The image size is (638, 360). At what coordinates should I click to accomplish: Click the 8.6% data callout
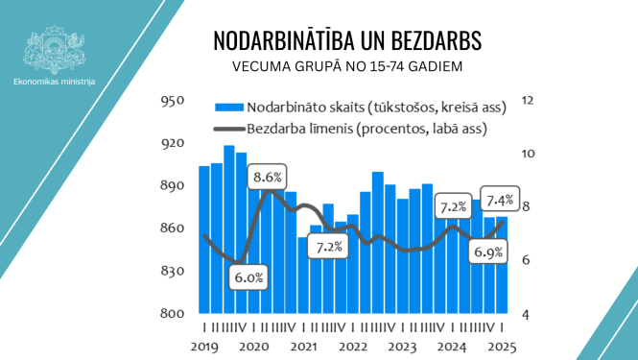point(268,178)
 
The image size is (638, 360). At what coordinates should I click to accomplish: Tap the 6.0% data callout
point(249,277)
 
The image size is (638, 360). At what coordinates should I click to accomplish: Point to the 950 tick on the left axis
point(173,101)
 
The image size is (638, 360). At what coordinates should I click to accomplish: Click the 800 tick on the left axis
point(173,314)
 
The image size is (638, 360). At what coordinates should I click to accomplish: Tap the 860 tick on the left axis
point(173,228)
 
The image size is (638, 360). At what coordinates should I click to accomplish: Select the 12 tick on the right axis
point(526,101)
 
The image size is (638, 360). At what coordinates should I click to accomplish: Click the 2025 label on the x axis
point(503,347)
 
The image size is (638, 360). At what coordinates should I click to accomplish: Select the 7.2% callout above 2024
point(451,206)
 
